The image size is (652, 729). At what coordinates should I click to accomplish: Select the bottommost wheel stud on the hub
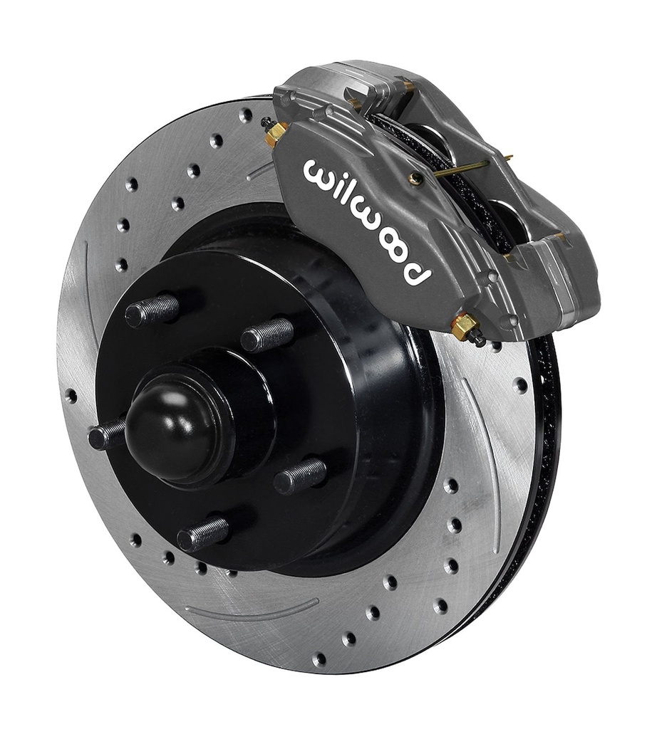[203, 533]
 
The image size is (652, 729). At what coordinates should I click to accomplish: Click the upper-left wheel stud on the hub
[152, 310]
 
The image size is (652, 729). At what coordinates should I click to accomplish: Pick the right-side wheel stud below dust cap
[299, 476]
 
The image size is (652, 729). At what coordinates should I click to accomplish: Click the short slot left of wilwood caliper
[260, 172]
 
